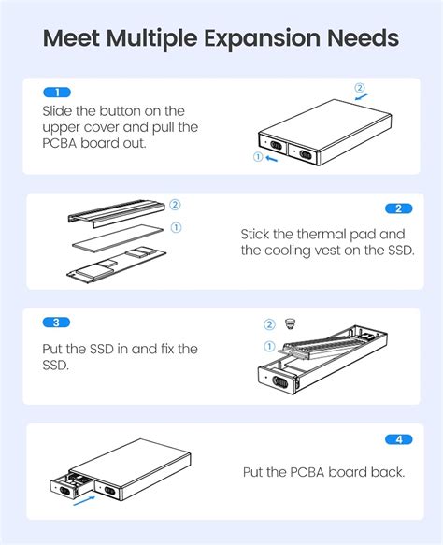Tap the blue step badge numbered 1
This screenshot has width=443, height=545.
tap(57, 93)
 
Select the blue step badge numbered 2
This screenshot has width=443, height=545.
tap(399, 208)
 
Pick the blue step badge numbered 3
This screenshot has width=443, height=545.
tap(57, 322)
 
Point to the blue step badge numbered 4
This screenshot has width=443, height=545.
tap(399, 438)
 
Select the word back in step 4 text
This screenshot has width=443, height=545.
tap(388, 472)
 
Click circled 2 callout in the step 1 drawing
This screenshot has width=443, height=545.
tap(360, 89)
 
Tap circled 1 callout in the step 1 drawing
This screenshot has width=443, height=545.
tap(258, 157)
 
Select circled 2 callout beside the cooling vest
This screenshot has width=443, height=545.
tap(175, 205)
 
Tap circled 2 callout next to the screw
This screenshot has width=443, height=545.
tap(269, 324)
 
